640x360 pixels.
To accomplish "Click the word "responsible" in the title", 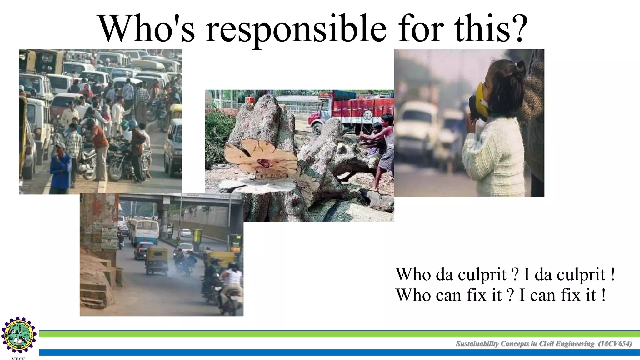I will pos(296,30).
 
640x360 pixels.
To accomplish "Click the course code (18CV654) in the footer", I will pos(615,344).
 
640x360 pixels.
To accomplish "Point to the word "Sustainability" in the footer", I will pos(477,344).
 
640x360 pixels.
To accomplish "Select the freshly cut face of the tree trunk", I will pos(261,156).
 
